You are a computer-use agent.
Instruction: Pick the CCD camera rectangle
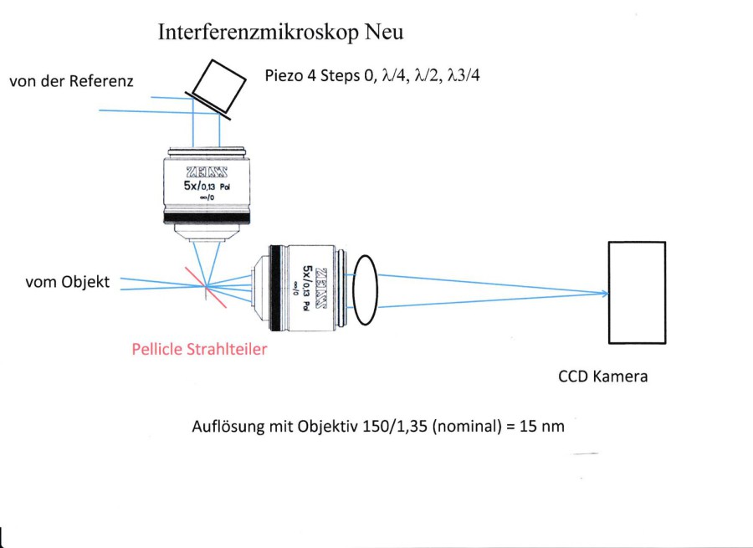pos(637,291)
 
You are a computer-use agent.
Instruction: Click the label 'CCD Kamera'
pos(602,376)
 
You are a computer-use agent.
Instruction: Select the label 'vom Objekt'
pos(68,282)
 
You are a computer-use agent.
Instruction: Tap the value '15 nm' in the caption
pos(545,426)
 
